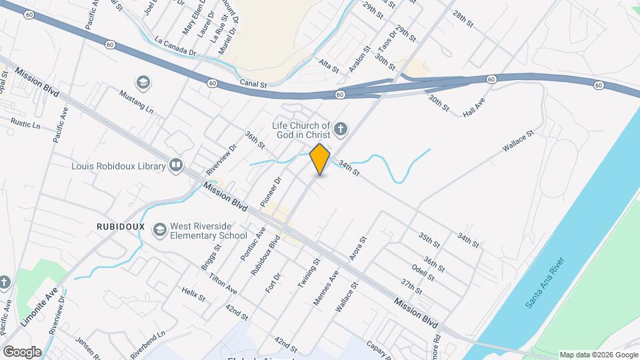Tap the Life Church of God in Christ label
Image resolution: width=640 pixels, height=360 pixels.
click(x=301, y=130)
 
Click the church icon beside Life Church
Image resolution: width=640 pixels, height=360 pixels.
click(x=341, y=129)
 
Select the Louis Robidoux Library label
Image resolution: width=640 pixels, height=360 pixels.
click(x=119, y=165)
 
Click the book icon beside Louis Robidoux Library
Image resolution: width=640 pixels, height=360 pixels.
click(x=176, y=165)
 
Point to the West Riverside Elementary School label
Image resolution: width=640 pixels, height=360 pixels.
click(x=208, y=231)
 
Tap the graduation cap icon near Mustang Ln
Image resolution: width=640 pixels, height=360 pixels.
click(x=142, y=83)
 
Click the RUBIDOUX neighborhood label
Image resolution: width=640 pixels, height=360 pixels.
click(x=120, y=227)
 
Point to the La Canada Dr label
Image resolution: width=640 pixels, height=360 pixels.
click(x=176, y=46)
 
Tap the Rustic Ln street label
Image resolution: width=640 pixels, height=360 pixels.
click(x=26, y=124)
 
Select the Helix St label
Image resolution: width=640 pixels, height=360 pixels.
click(x=193, y=294)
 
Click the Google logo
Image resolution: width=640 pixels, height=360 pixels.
click(x=22, y=352)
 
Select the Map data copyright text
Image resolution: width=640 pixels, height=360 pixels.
click(x=598, y=355)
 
